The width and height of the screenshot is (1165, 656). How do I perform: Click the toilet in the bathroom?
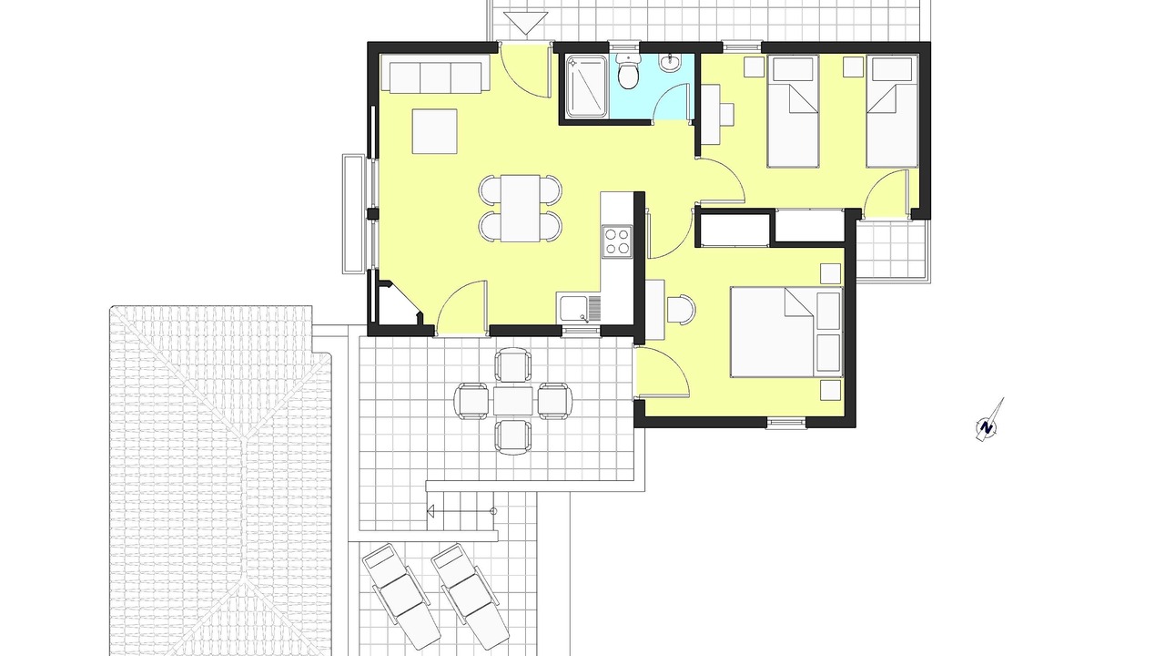click(629, 72)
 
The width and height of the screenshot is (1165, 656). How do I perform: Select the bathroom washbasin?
click(669, 63)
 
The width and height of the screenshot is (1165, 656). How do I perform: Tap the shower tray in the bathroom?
click(587, 86)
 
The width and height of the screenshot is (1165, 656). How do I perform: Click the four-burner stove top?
click(617, 241)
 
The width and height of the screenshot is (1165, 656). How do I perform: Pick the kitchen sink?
click(580, 308)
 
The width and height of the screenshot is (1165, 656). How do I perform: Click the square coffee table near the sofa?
click(435, 131)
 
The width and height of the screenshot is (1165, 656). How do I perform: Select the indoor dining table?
click(520, 209)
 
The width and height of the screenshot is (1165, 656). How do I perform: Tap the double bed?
click(785, 332)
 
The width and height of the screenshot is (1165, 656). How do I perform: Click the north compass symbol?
click(988, 422)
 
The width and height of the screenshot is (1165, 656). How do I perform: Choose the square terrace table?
click(512, 401)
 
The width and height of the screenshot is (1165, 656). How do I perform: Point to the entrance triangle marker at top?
click(526, 24)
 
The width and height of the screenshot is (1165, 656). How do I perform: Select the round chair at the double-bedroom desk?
click(682, 309)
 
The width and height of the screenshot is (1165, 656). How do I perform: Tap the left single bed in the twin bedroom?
click(793, 111)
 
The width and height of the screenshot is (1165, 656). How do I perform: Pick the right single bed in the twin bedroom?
click(892, 111)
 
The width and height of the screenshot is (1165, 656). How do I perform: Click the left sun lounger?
click(401, 595)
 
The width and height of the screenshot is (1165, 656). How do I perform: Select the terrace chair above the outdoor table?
click(512, 364)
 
